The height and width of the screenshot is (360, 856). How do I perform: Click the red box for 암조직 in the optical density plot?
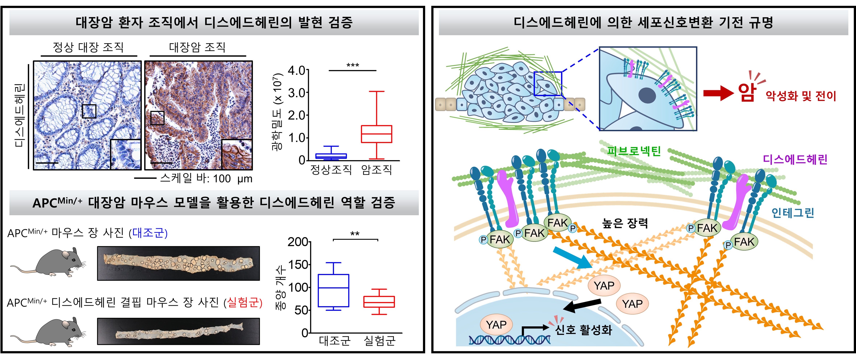[377, 134]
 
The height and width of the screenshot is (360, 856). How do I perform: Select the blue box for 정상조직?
[331, 156]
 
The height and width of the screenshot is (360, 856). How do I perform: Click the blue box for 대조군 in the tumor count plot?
[333, 290]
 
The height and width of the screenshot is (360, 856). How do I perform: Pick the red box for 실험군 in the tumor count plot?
[379, 301]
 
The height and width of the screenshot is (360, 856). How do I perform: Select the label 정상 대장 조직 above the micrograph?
[88, 47]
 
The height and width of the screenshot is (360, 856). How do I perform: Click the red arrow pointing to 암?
[718, 93]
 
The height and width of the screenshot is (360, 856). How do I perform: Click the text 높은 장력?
[625, 223]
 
